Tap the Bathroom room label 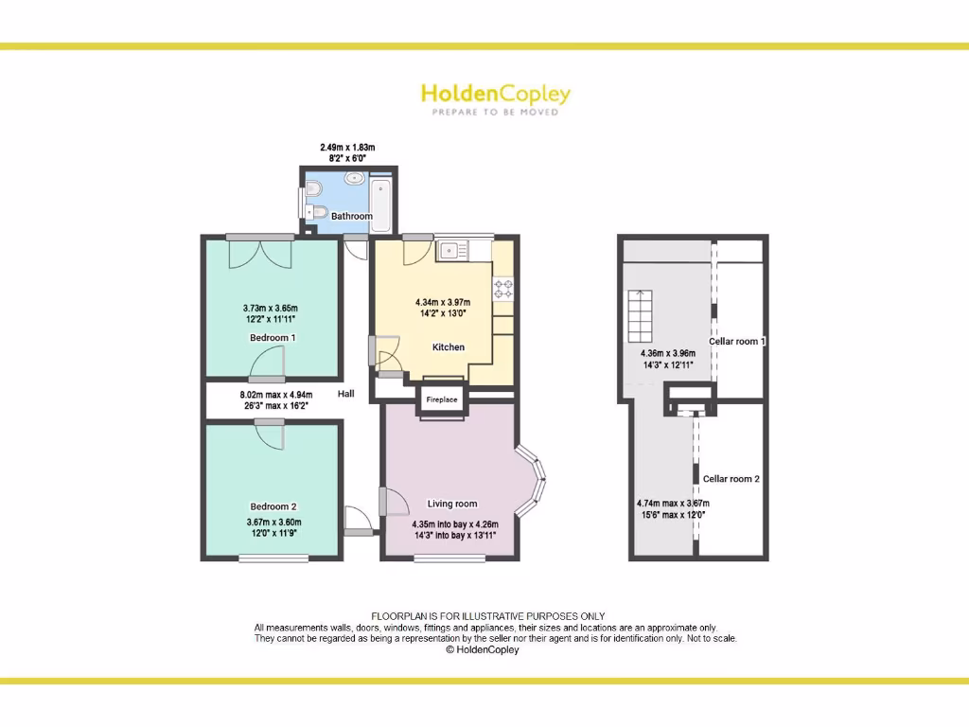[x=351, y=216]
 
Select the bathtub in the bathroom [x=382, y=199]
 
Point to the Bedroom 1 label [x=273, y=337]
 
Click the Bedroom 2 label [x=273, y=506]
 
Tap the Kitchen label [x=449, y=347]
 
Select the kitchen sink [x=449, y=251]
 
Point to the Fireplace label [x=442, y=399]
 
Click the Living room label [x=452, y=504]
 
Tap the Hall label [x=345, y=394]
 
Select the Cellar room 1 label [x=737, y=341]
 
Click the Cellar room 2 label [x=731, y=479]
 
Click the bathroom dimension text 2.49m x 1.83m [x=347, y=147]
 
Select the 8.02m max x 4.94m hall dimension [x=274, y=394]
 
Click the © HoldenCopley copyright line [x=482, y=650]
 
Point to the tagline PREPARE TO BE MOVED [x=495, y=112]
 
